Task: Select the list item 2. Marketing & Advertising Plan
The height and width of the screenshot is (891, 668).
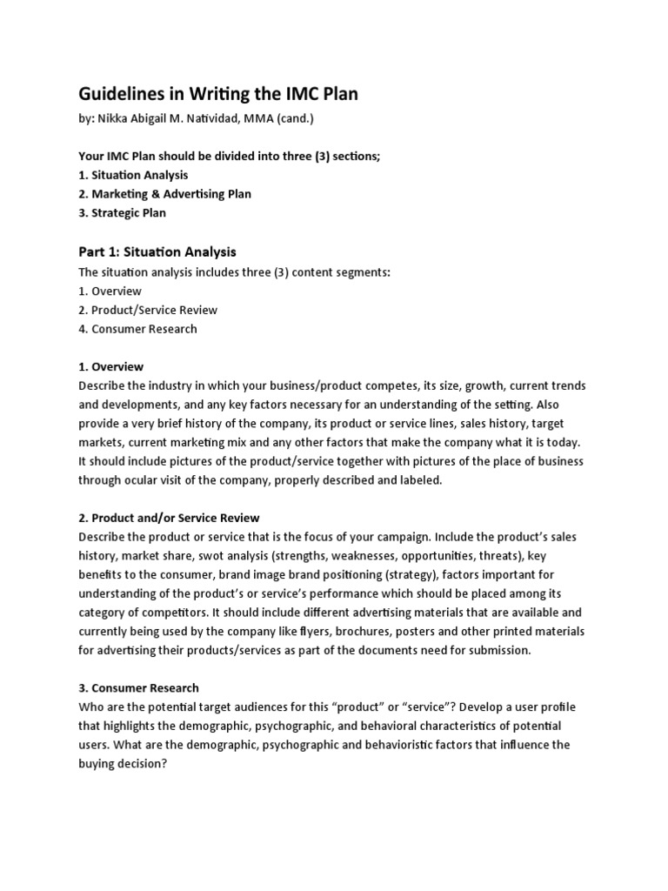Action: (165, 194)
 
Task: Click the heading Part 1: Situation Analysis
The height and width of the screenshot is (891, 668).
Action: (157, 252)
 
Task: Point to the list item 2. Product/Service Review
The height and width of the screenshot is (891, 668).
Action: (148, 310)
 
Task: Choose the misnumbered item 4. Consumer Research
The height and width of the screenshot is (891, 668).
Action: (137, 329)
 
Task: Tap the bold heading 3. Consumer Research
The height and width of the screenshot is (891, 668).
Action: (138, 687)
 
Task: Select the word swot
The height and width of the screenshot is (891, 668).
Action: (228, 555)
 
